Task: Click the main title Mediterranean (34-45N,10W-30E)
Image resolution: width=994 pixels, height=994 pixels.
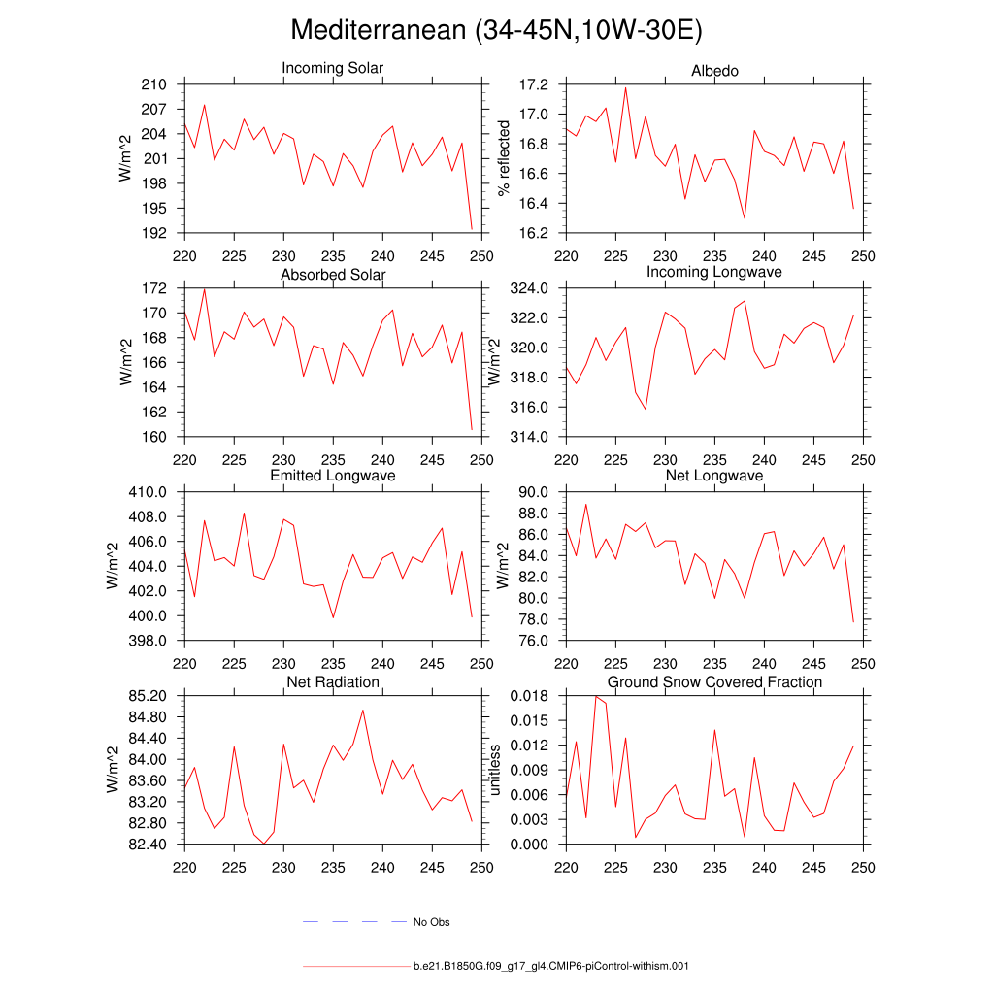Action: pos(496,31)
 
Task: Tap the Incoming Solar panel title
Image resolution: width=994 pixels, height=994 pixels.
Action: pos(332,69)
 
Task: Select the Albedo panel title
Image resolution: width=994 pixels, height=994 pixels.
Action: pos(714,71)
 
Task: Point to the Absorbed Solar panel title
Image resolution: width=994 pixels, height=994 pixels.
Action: pos(333,275)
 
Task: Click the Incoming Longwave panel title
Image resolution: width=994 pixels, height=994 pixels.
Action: pos(714,272)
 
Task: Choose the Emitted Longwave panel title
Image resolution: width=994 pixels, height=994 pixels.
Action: pos(333,477)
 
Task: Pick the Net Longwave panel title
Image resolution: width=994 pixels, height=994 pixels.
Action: pos(714,477)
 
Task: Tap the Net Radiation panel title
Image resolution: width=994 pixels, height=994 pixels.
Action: pos(333,682)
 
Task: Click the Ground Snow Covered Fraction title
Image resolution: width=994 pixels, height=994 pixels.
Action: pos(714,682)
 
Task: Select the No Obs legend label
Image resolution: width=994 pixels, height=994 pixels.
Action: pos(432,922)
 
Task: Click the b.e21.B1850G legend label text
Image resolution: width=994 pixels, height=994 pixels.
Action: pos(550,967)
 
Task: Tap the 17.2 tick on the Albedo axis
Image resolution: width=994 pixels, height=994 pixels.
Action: pos(536,84)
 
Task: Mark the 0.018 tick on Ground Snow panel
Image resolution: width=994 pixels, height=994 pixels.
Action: pos(530,696)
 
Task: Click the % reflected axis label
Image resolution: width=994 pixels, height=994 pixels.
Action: pos(504,158)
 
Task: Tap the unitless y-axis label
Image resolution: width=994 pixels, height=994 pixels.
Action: pos(496,770)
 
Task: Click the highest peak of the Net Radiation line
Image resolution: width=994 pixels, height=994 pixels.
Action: pos(363,710)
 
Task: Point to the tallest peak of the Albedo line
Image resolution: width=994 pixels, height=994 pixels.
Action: pos(625,87)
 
